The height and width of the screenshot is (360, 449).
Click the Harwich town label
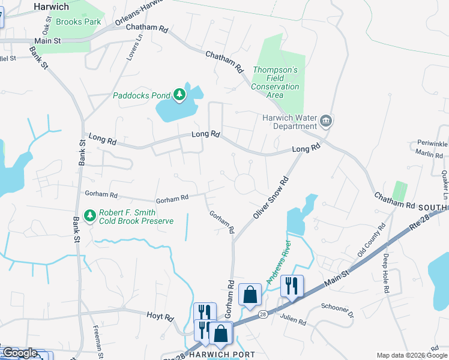tap(51, 6)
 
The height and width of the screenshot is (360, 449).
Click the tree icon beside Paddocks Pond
tap(179, 95)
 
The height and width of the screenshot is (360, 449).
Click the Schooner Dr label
tap(337, 308)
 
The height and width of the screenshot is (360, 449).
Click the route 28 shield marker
tap(262, 314)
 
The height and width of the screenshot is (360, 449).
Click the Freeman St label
tap(97, 337)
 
